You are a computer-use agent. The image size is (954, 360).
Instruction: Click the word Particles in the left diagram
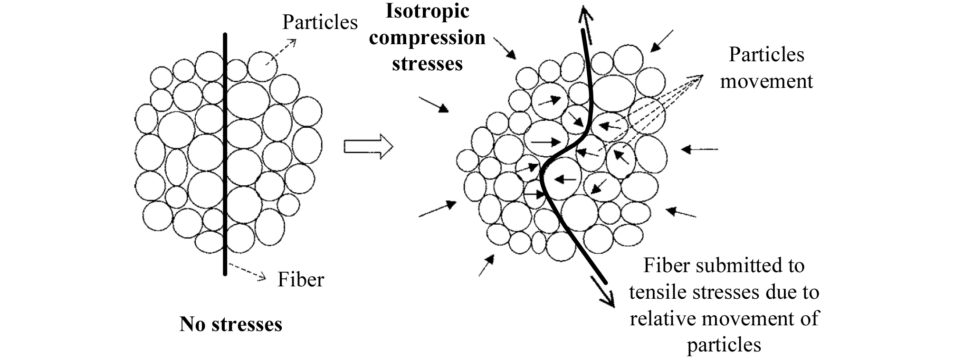coord(320,22)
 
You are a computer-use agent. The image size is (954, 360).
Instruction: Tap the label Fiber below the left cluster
coord(301,280)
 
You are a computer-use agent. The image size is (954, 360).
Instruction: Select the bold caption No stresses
coord(231,325)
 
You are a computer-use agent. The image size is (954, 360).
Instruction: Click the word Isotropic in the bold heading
coord(427,11)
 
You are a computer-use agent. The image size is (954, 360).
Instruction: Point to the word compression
coord(427,38)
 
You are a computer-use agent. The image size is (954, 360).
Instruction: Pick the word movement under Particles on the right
coord(766,81)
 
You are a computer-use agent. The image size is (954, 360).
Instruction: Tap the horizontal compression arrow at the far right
coord(699,150)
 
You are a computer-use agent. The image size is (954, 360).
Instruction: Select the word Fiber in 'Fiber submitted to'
coord(666,265)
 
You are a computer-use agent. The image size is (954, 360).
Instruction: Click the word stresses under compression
coord(427,64)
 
